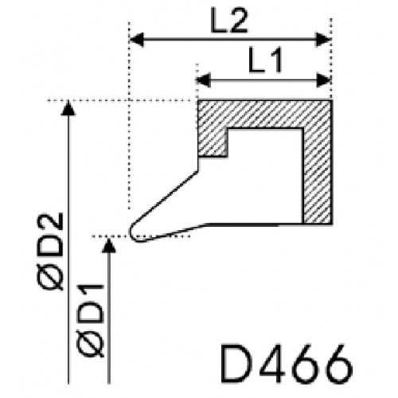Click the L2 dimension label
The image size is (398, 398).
tap(229, 21)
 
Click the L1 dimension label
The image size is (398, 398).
tap(264, 60)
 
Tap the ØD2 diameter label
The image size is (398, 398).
tap(50, 251)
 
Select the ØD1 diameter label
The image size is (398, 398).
tap(90, 320)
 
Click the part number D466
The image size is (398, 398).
tap(287, 364)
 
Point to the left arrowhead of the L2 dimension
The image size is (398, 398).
tap(137, 40)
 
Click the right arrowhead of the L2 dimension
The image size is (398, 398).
tap(323, 40)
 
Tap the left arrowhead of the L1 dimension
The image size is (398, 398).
tap(203, 80)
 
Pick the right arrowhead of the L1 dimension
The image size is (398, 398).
tap(324, 80)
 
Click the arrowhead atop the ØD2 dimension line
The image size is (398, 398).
tap(68, 108)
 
